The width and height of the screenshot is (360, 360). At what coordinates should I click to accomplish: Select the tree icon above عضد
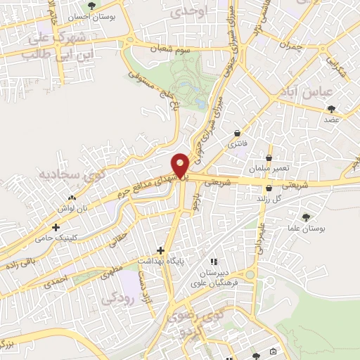click(x=331, y=109)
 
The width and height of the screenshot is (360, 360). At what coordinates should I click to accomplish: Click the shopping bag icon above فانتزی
click(x=238, y=132)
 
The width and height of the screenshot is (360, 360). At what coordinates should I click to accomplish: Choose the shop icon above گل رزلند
click(x=270, y=188)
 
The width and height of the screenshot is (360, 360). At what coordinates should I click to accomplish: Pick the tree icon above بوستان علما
click(x=305, y=217)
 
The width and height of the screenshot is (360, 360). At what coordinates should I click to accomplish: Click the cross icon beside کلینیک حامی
click(x=56, y=227)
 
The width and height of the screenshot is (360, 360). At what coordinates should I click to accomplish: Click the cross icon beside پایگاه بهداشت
click(x=161, y=250)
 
